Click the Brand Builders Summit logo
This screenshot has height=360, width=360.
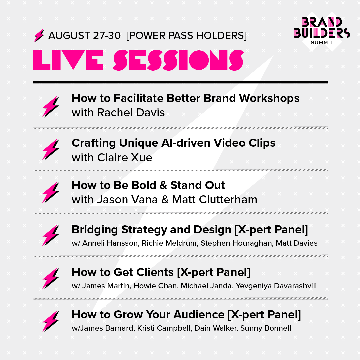(322, 31)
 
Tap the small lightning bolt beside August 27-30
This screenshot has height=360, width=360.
(39, 35)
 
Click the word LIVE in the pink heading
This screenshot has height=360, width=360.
(68, 60)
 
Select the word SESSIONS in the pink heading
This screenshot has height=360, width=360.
(178, 60)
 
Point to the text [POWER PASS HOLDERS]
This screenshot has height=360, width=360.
(186, 36)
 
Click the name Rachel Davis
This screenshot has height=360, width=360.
(131, 113)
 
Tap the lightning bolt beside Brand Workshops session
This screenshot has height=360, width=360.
(51, 107)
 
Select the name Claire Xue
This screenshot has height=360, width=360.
(125, 157)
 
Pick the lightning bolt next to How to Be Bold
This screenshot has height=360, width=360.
(51, 192)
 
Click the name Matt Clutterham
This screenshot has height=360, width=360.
(215, 200)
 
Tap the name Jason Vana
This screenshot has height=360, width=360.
(127, 200)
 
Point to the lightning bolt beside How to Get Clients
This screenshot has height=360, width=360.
(51, 278)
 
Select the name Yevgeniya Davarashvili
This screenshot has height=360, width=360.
(276, 286)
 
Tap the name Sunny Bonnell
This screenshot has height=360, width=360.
(266, 328)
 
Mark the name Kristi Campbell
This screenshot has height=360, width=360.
(164, 328)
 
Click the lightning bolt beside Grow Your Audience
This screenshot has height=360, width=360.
(51, 321)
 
